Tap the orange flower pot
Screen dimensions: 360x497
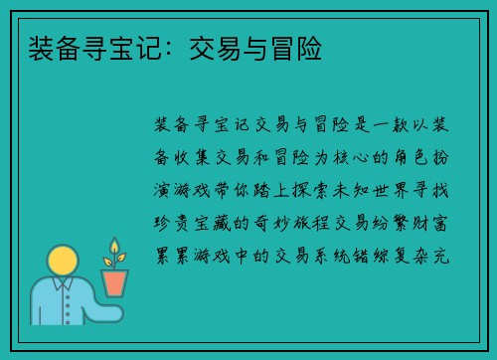[x=115, y=282]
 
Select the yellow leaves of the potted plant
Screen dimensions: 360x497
[x=114, y=252]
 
